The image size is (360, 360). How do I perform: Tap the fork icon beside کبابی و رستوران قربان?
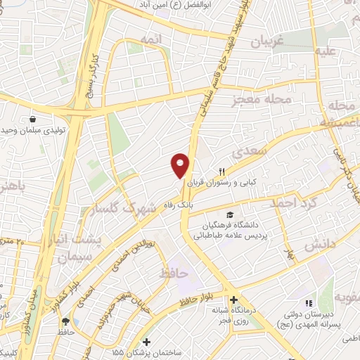pyautogui.click(x=221, y=172)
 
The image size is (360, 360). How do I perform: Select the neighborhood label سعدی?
pyautogui.click(x=252, y=150)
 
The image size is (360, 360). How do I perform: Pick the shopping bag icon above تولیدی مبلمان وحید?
pyautogui.click(x=33, y=119)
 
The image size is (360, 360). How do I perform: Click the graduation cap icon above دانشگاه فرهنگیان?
pyautogui.click(x=229, y=214)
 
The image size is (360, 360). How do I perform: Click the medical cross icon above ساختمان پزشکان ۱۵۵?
pyautogui.click(x=146, y=341)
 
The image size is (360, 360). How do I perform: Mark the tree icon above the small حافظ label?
pyautogui.click(x=65, y=321)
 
